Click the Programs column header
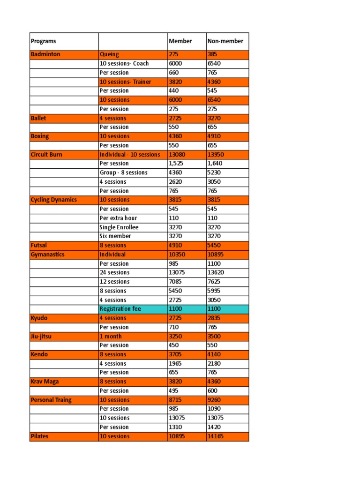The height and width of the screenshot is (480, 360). pyautogui.click(x=43, y=41)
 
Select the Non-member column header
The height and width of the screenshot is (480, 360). pyautogui.click(x=225, y=41)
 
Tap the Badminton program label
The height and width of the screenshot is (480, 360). pyautogui.click(x=45, y=54)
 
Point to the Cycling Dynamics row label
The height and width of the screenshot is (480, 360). pyautogui.click(x=53, y=200)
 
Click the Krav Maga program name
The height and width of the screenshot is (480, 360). pyautogui.click(x=45, y=382)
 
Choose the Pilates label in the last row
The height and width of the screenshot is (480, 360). pyautogui.click(x=39, y=436)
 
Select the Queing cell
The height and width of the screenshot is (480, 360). pyautogui.click(x=109, y=54)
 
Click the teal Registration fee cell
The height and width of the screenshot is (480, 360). pyautogui.click(x=120, y=309)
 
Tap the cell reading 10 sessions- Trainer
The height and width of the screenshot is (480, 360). pyautogui.click(x=125, y=82)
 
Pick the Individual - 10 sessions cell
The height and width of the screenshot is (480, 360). pyautogui.click(x=129, y=154)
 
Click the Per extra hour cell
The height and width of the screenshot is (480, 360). pyautogui.click(x=118, y=218)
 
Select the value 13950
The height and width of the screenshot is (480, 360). pyautogui.click(x=216, y=154)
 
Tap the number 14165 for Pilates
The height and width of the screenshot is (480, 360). pyautogui.click(x=216, y=436)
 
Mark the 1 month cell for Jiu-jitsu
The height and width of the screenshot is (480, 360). pyautogui.click(x=111, y=336)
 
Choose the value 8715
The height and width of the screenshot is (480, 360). pyautogui.click(x=175, y=400)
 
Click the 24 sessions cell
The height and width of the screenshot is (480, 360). pyautogui.click(x=114, y=272)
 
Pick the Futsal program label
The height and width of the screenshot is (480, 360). pyautogui.click(x=38, y=245)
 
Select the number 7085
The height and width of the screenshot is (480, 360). pyautogui.click(x=175, y=282)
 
